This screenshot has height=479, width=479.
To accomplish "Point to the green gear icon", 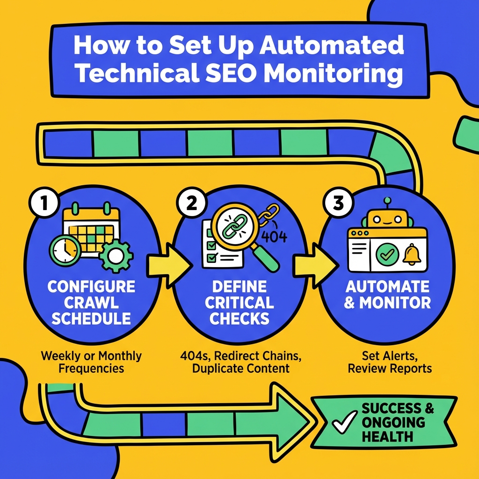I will click(x=115, y=254).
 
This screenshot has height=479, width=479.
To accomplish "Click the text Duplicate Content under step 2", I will click(x=240, y=368).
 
